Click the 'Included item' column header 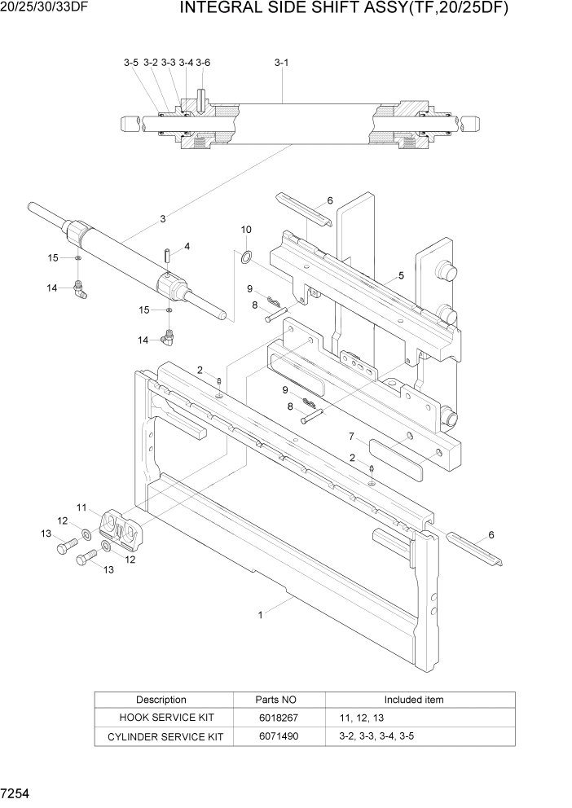pyautogui.click(x=414, y=700)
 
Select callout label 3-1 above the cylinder pyautogui.click(x=282, y=63)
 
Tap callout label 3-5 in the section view pyautogui.click(x=131, y=63)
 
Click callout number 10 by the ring pyautogui.click(x=246, y=231)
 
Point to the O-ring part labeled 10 pyautogui.click(x=244, y=258)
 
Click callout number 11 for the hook pyautogui.click(x=81, y=507)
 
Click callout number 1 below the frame pyautogui.click(x=261, y=616)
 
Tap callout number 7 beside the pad pyautogui.click(x=351, y=437)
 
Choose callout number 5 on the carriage pyautogui.click(x=401, y=276)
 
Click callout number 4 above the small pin pyautogui.click(x=187, y=245)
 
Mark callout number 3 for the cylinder pyautogui.click(x=163, y=218)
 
